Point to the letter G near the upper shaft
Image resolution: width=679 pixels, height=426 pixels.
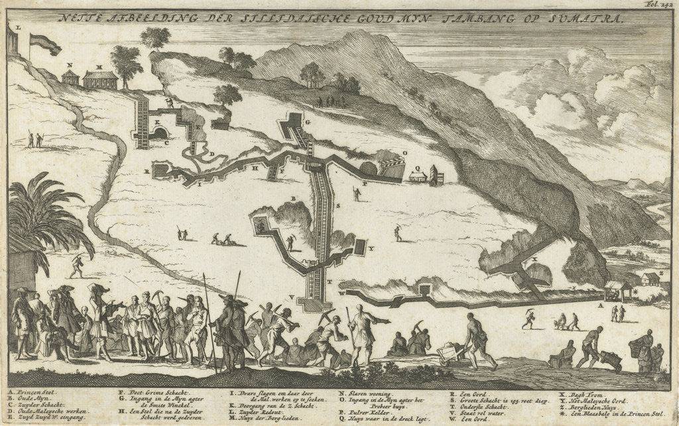(308, 123)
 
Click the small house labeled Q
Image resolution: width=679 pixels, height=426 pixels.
(417, 176)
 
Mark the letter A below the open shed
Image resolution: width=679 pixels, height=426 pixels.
(600, 305)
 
